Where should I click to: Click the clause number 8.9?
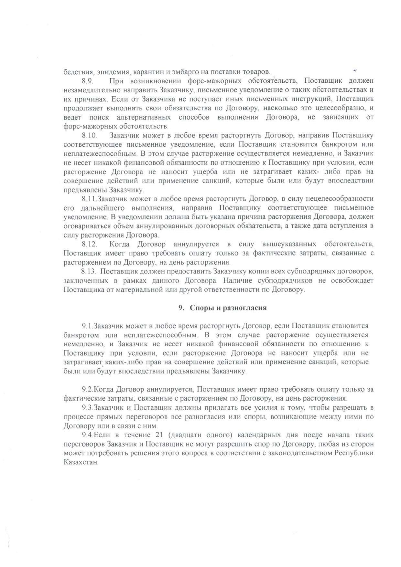coord(87,81)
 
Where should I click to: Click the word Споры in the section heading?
coord(200,308)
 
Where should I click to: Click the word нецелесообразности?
coord(343,199)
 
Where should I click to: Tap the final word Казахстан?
coord(81,462)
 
